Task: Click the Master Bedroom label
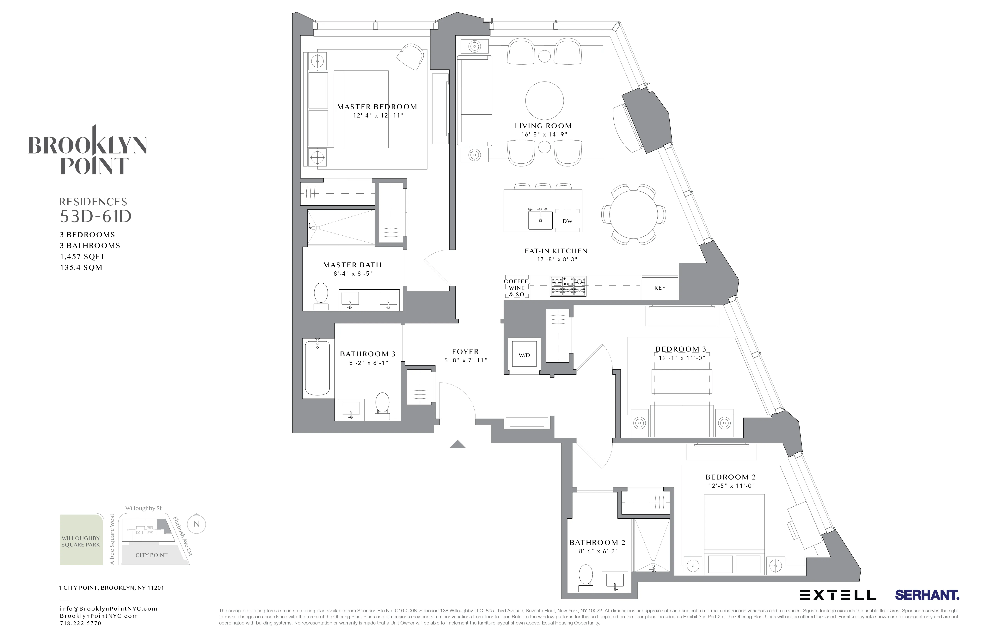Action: point(377,107)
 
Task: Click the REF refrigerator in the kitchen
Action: point(660,287)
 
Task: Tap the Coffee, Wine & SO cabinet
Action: point(516,287)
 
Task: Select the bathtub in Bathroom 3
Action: point(318,368)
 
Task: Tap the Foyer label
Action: point(465,352)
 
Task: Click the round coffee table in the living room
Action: point(544,101)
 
